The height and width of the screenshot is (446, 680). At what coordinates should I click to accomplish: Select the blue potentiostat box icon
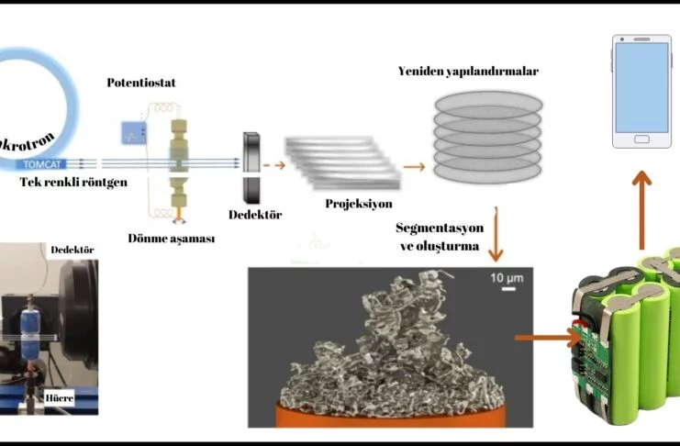(x=129, y=136)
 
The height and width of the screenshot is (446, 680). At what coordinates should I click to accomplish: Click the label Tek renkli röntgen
(x=74, y=182)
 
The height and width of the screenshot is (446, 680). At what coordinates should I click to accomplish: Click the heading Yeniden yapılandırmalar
(x=468, y=71)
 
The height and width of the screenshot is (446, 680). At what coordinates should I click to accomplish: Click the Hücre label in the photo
(x=59, y=399)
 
